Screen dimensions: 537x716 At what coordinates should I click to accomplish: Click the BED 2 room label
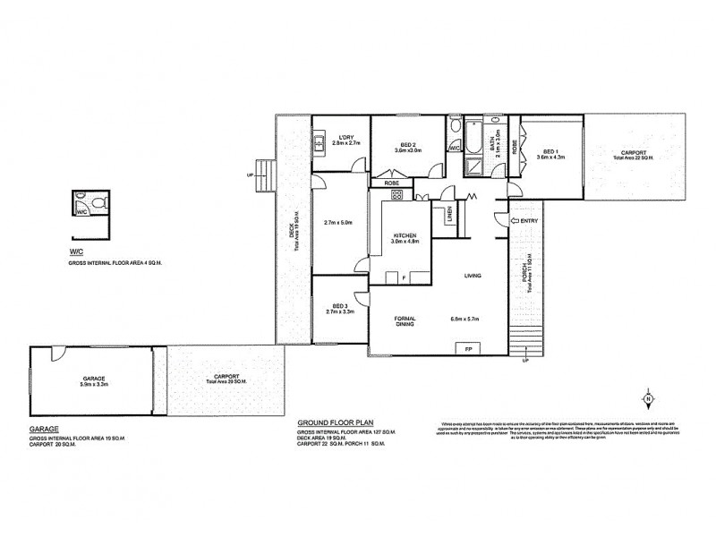[408, 145]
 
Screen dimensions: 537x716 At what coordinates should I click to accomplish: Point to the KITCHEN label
[405, 235]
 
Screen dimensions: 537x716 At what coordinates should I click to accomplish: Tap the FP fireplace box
[467, 348]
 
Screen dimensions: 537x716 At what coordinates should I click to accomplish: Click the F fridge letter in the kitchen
[404, 278]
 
